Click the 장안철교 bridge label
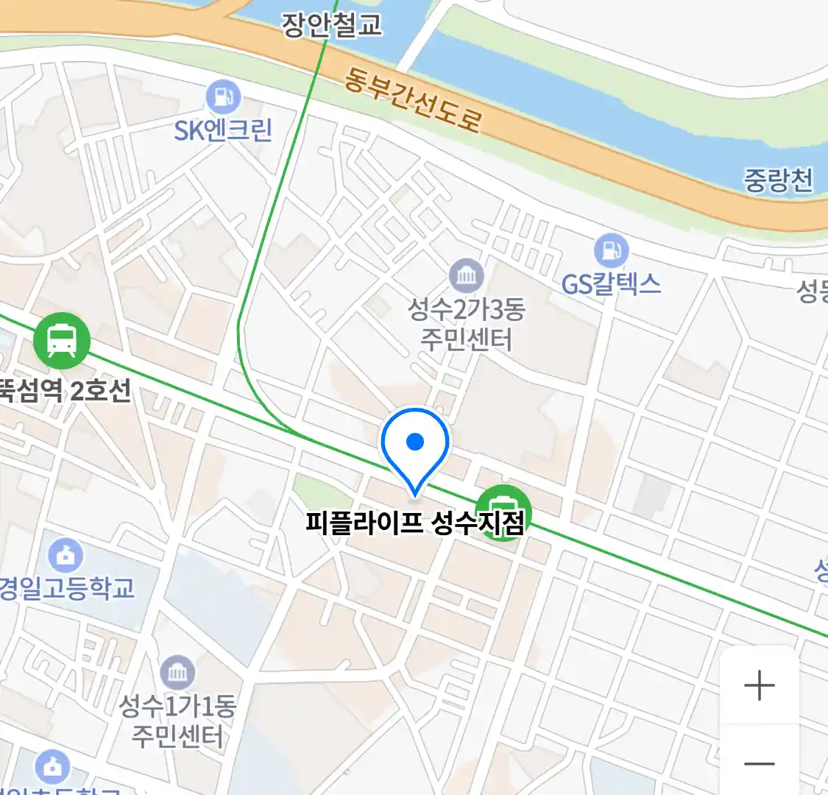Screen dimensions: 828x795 (x=331, y=24)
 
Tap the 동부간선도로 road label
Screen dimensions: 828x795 (x=413, y=102)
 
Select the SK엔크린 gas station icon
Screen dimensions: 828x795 (x=223, y=97)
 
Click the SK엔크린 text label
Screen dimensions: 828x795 (x=223, y=130)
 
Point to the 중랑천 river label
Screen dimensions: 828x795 (x=778, y=180)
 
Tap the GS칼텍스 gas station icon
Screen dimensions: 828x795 (x=611, y=250)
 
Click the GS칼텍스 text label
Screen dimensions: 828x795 (x=611, y=284)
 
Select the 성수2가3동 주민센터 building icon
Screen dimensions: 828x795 (x=466, y=277)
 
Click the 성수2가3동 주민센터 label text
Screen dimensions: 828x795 (x=466, y=324)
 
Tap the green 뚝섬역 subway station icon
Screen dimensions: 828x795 (x=62, y=341)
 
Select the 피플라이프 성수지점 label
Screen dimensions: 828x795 (x=415, y=523)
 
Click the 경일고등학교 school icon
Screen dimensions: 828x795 (x=66, y=556)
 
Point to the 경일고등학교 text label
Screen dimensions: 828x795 (x=67, y=588)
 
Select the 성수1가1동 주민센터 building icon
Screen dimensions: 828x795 (x=177, y=672)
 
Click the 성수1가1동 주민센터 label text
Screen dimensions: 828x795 (x=177, y=721)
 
